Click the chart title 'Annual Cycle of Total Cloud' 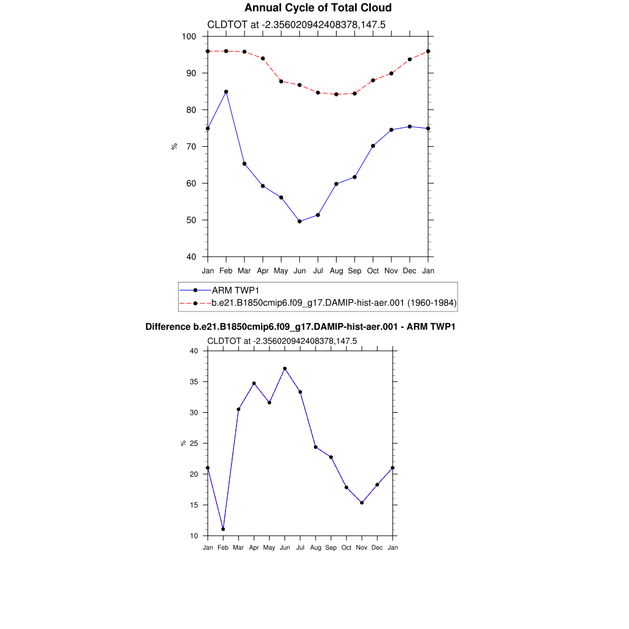point(318,8)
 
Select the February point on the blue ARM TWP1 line point(226,92)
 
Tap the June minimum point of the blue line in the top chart point(300,221)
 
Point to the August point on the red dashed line point(336,95)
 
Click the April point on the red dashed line point(263,58)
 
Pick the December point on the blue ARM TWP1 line point(410,127)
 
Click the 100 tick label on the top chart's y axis point(189,37)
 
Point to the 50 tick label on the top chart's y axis point(190,221)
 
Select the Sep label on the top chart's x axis point(354,270)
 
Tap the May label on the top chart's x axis point(281,270)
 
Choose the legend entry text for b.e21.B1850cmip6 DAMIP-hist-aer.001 point(334,303)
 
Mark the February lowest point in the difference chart point(223,529)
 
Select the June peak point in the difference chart point(285,369)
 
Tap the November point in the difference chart point(362,502)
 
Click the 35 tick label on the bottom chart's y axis point(193,382)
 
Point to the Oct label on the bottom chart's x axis point(346,547)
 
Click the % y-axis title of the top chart point(174,146)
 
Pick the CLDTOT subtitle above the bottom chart point(282,341)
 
